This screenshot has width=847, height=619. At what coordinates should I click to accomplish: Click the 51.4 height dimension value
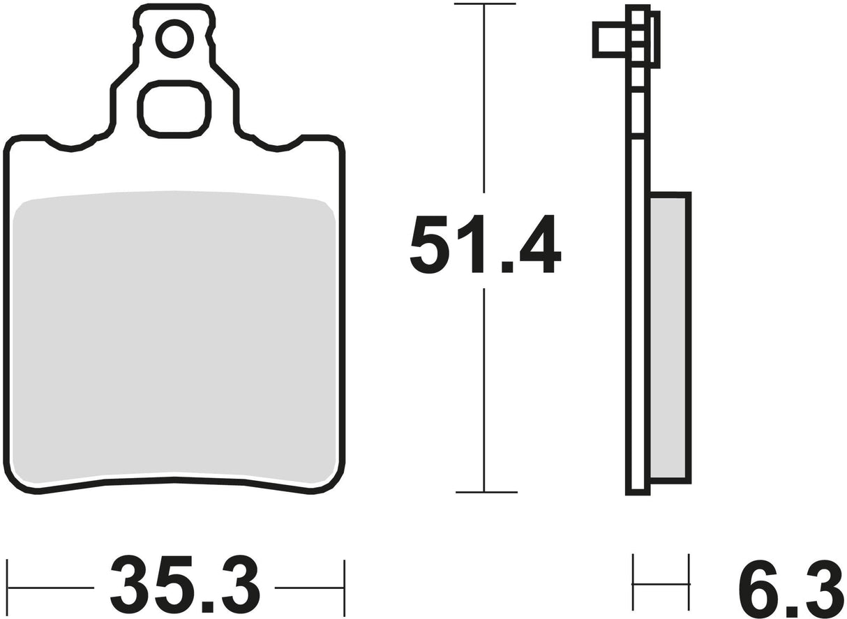click(x=484, y=244)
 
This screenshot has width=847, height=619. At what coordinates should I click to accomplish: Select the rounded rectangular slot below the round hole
click(x=174, y=109)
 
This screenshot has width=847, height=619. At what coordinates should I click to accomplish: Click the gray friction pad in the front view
click(x=174, y=335)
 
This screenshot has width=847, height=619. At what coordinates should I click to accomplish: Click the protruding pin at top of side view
click(x=611, y=39)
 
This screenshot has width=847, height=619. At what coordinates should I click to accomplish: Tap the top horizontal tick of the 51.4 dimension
click(x=484, y=4)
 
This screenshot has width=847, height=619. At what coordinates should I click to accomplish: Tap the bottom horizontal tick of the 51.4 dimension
click(x=486, y=492)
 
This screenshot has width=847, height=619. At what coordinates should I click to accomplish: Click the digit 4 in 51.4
click(x=540, y=244)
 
